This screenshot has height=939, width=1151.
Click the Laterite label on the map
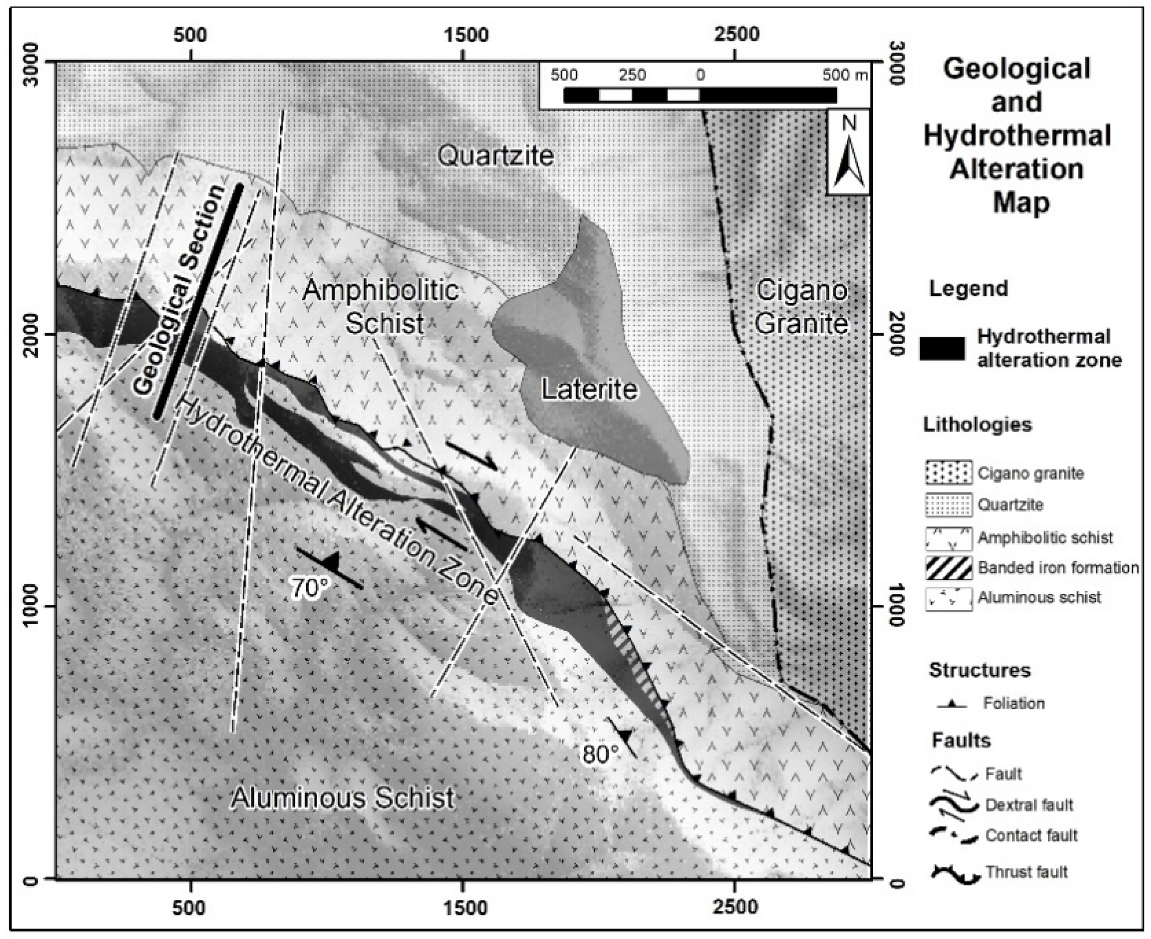(589, 390)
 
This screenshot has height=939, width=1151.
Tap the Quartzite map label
(495, 157)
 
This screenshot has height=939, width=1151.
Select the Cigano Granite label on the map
(802, 307)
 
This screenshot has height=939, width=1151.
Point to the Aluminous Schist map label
(343, 799)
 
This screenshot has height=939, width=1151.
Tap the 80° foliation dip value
(600, 754)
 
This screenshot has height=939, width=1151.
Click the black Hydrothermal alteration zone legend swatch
(942, 349)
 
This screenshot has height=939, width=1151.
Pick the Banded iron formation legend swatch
(949, 568)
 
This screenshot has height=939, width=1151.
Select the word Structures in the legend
(979, 670)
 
